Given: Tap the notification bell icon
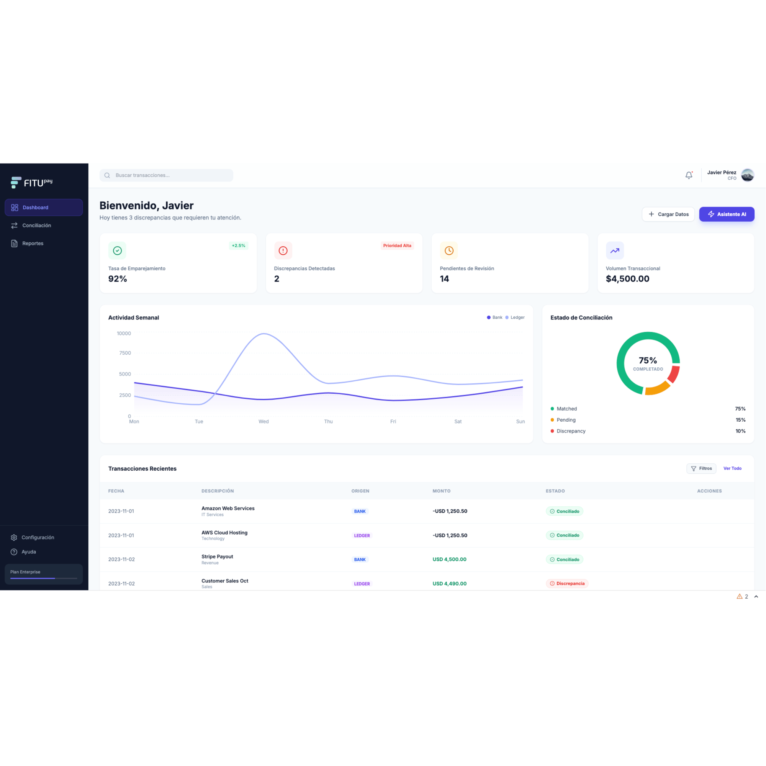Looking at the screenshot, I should click(x=689, y=175).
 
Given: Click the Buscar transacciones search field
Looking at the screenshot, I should click(x=167, y=175).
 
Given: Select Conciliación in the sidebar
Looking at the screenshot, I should click(x=36, y=226).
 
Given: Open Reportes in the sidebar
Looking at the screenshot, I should click(x=33, y=244).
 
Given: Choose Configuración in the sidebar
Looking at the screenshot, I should click(x=38, y=537).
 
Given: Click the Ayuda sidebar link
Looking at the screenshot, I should click(x=29, y=552).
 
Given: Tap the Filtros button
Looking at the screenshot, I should click(x=701, y=469).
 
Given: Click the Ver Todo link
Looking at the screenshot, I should click(x=732, y=469).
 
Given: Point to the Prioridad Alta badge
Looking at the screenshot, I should click(x=397, y=246).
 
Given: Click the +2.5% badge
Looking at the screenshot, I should click(x=238, y=246).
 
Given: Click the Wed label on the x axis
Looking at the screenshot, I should click(x=264, y=421).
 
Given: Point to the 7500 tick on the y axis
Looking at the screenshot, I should click(x=125, y=353).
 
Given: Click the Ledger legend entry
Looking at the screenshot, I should click(x=515, y=318).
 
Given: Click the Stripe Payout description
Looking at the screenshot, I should click(x=217, y=556).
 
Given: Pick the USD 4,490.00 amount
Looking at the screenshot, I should click(x=449, y=584).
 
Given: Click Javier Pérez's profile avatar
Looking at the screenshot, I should click(x=747, y=175).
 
